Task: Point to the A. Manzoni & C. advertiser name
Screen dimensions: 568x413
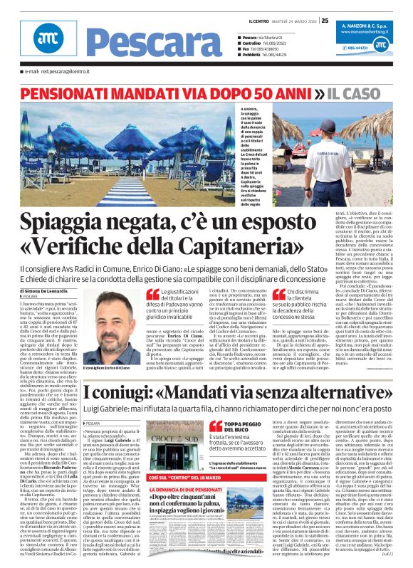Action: pos(370,25)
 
